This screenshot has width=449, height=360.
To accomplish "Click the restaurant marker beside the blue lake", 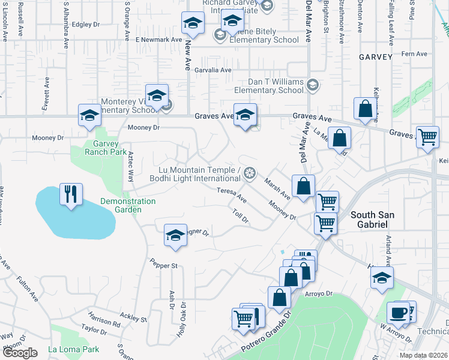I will (71, 194).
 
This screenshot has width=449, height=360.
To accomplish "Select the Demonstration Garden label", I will (127, 205).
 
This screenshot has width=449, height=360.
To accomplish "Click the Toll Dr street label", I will (240, 215).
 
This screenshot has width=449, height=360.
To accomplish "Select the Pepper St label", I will (164, 264).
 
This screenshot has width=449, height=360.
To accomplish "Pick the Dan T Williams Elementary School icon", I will (312, 86).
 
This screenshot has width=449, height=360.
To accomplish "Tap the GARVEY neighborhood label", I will (376, 57).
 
